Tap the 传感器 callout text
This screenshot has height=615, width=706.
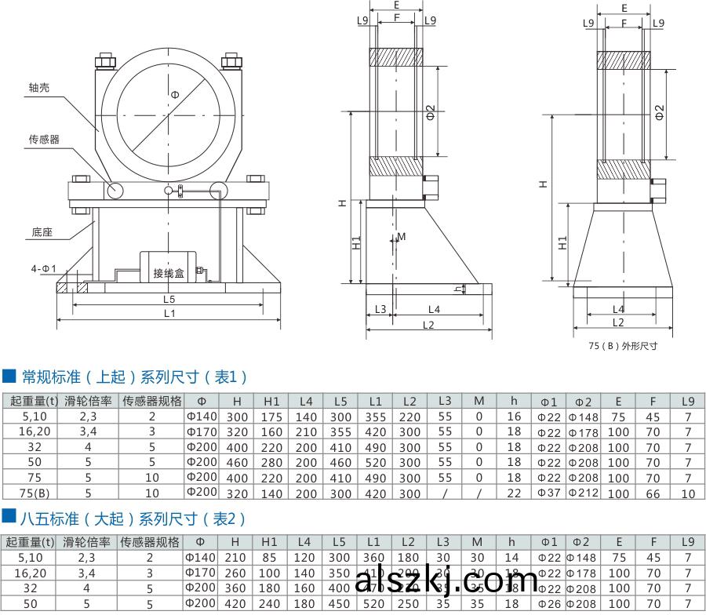tap(45, 139)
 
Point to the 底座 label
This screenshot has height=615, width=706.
tap(42, 233)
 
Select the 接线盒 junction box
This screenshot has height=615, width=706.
tap(168, 273)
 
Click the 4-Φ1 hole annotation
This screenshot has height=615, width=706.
tap(44, 269)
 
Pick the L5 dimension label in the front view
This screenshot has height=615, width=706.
tap(169, 299)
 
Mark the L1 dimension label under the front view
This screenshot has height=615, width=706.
tap(169, 314)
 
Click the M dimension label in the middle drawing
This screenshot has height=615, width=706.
tap(402, 236)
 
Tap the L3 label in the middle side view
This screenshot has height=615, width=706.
tap(380, 309)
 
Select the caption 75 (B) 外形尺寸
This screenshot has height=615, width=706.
tap(623, 345)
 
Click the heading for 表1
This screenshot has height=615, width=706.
tap(134, 377)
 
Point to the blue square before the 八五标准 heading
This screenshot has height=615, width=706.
tap(9, 518)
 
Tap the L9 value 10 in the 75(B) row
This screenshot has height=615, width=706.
tap(688, 493)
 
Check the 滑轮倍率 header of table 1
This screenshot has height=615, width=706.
tap(88, 401)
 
